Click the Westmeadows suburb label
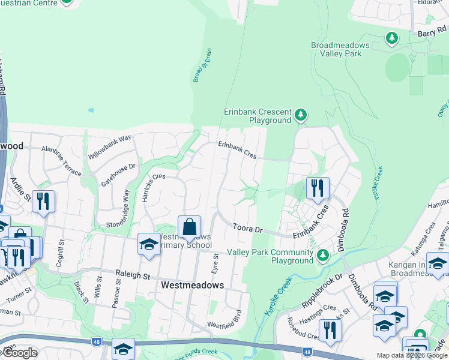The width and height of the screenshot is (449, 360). (192, 286)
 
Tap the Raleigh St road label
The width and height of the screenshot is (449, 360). (133, 275)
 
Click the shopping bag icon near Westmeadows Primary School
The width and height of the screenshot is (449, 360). (189, 227)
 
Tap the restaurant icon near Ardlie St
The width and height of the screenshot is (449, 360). (43, 202)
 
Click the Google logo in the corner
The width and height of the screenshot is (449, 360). (20, 353)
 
